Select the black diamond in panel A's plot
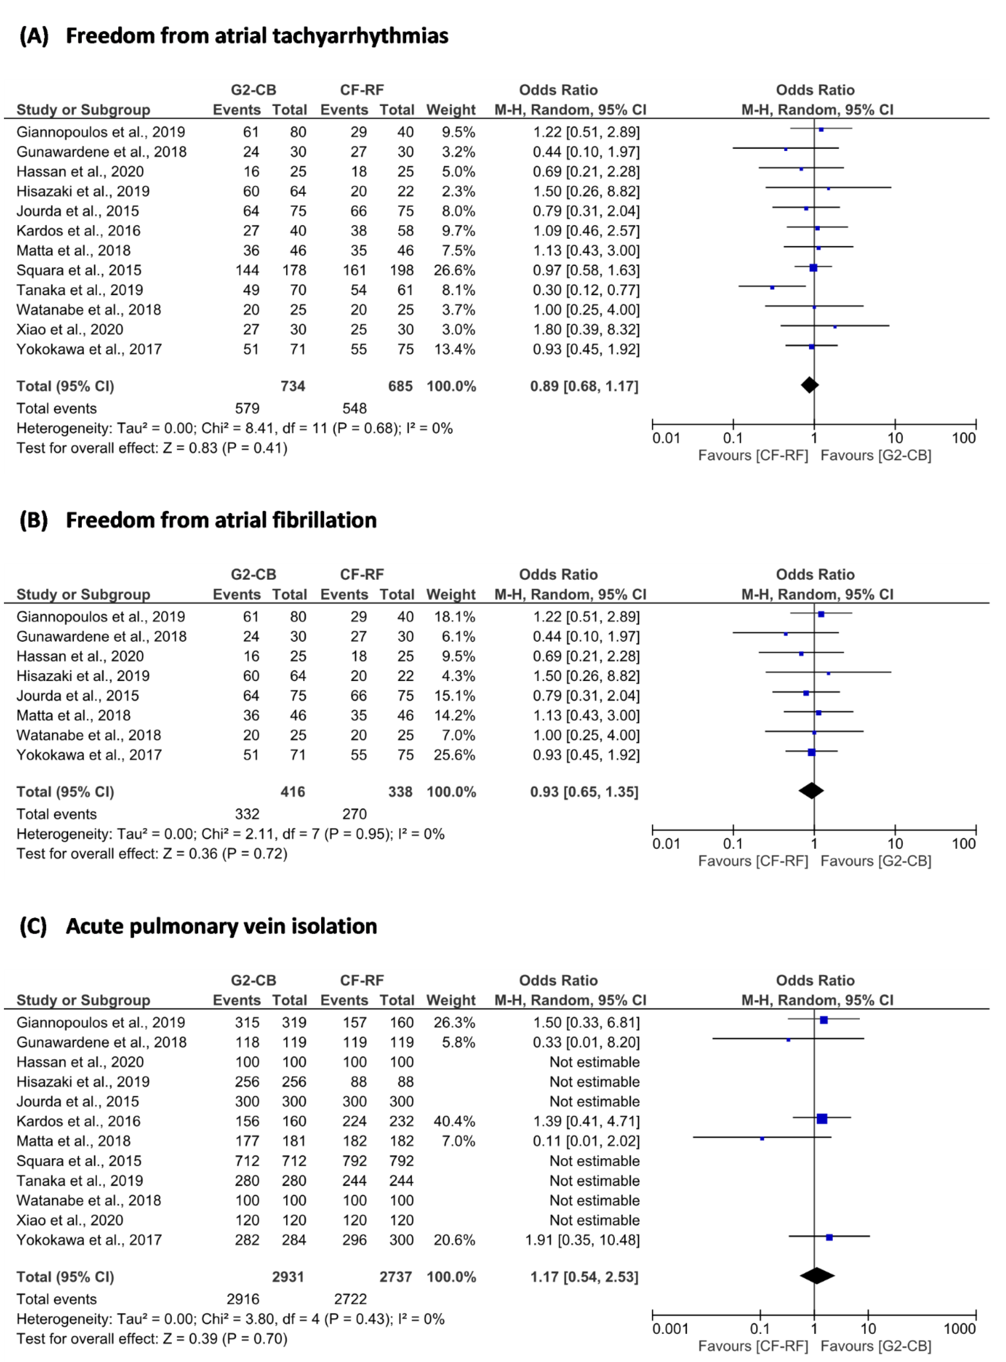[x=809, y=385]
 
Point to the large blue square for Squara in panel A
[x=813, y=268]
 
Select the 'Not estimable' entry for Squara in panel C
[x=594, y=1161]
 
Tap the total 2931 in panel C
[x=288, y=1277]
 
